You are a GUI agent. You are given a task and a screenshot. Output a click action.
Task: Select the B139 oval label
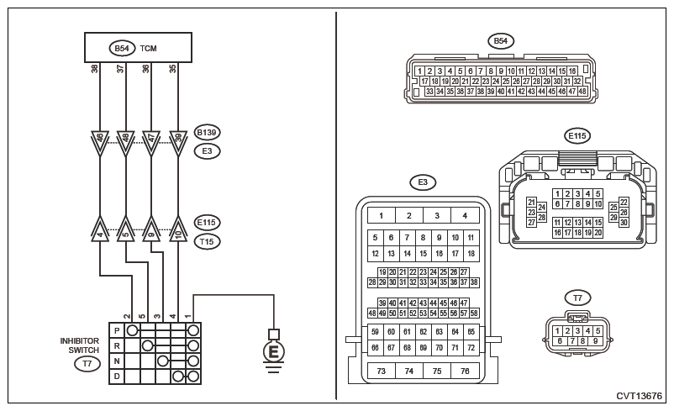point(207,133)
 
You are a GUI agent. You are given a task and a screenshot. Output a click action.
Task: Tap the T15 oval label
point(207,241)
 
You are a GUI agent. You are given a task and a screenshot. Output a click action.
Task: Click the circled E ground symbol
point(273,350)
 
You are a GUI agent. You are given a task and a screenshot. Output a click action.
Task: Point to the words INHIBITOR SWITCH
point(80,345)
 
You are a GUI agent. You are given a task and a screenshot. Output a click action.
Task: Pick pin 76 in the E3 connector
point(463,371)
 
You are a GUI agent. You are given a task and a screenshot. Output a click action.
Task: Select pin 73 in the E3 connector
point(381,371)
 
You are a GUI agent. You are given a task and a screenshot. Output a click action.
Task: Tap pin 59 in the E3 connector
point(374,332)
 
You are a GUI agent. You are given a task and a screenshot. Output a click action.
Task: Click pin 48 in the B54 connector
point(582,91)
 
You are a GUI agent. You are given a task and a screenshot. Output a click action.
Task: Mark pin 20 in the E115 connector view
point(598,232)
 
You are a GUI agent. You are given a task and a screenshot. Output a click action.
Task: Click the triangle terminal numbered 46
point(100,138)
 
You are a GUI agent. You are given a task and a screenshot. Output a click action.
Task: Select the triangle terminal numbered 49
point(177,138)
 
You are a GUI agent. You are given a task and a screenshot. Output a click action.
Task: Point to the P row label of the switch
point(116,330)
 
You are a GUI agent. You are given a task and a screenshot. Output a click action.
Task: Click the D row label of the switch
point(116,376)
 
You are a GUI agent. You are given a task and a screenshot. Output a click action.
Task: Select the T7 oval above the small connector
point(577,297)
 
